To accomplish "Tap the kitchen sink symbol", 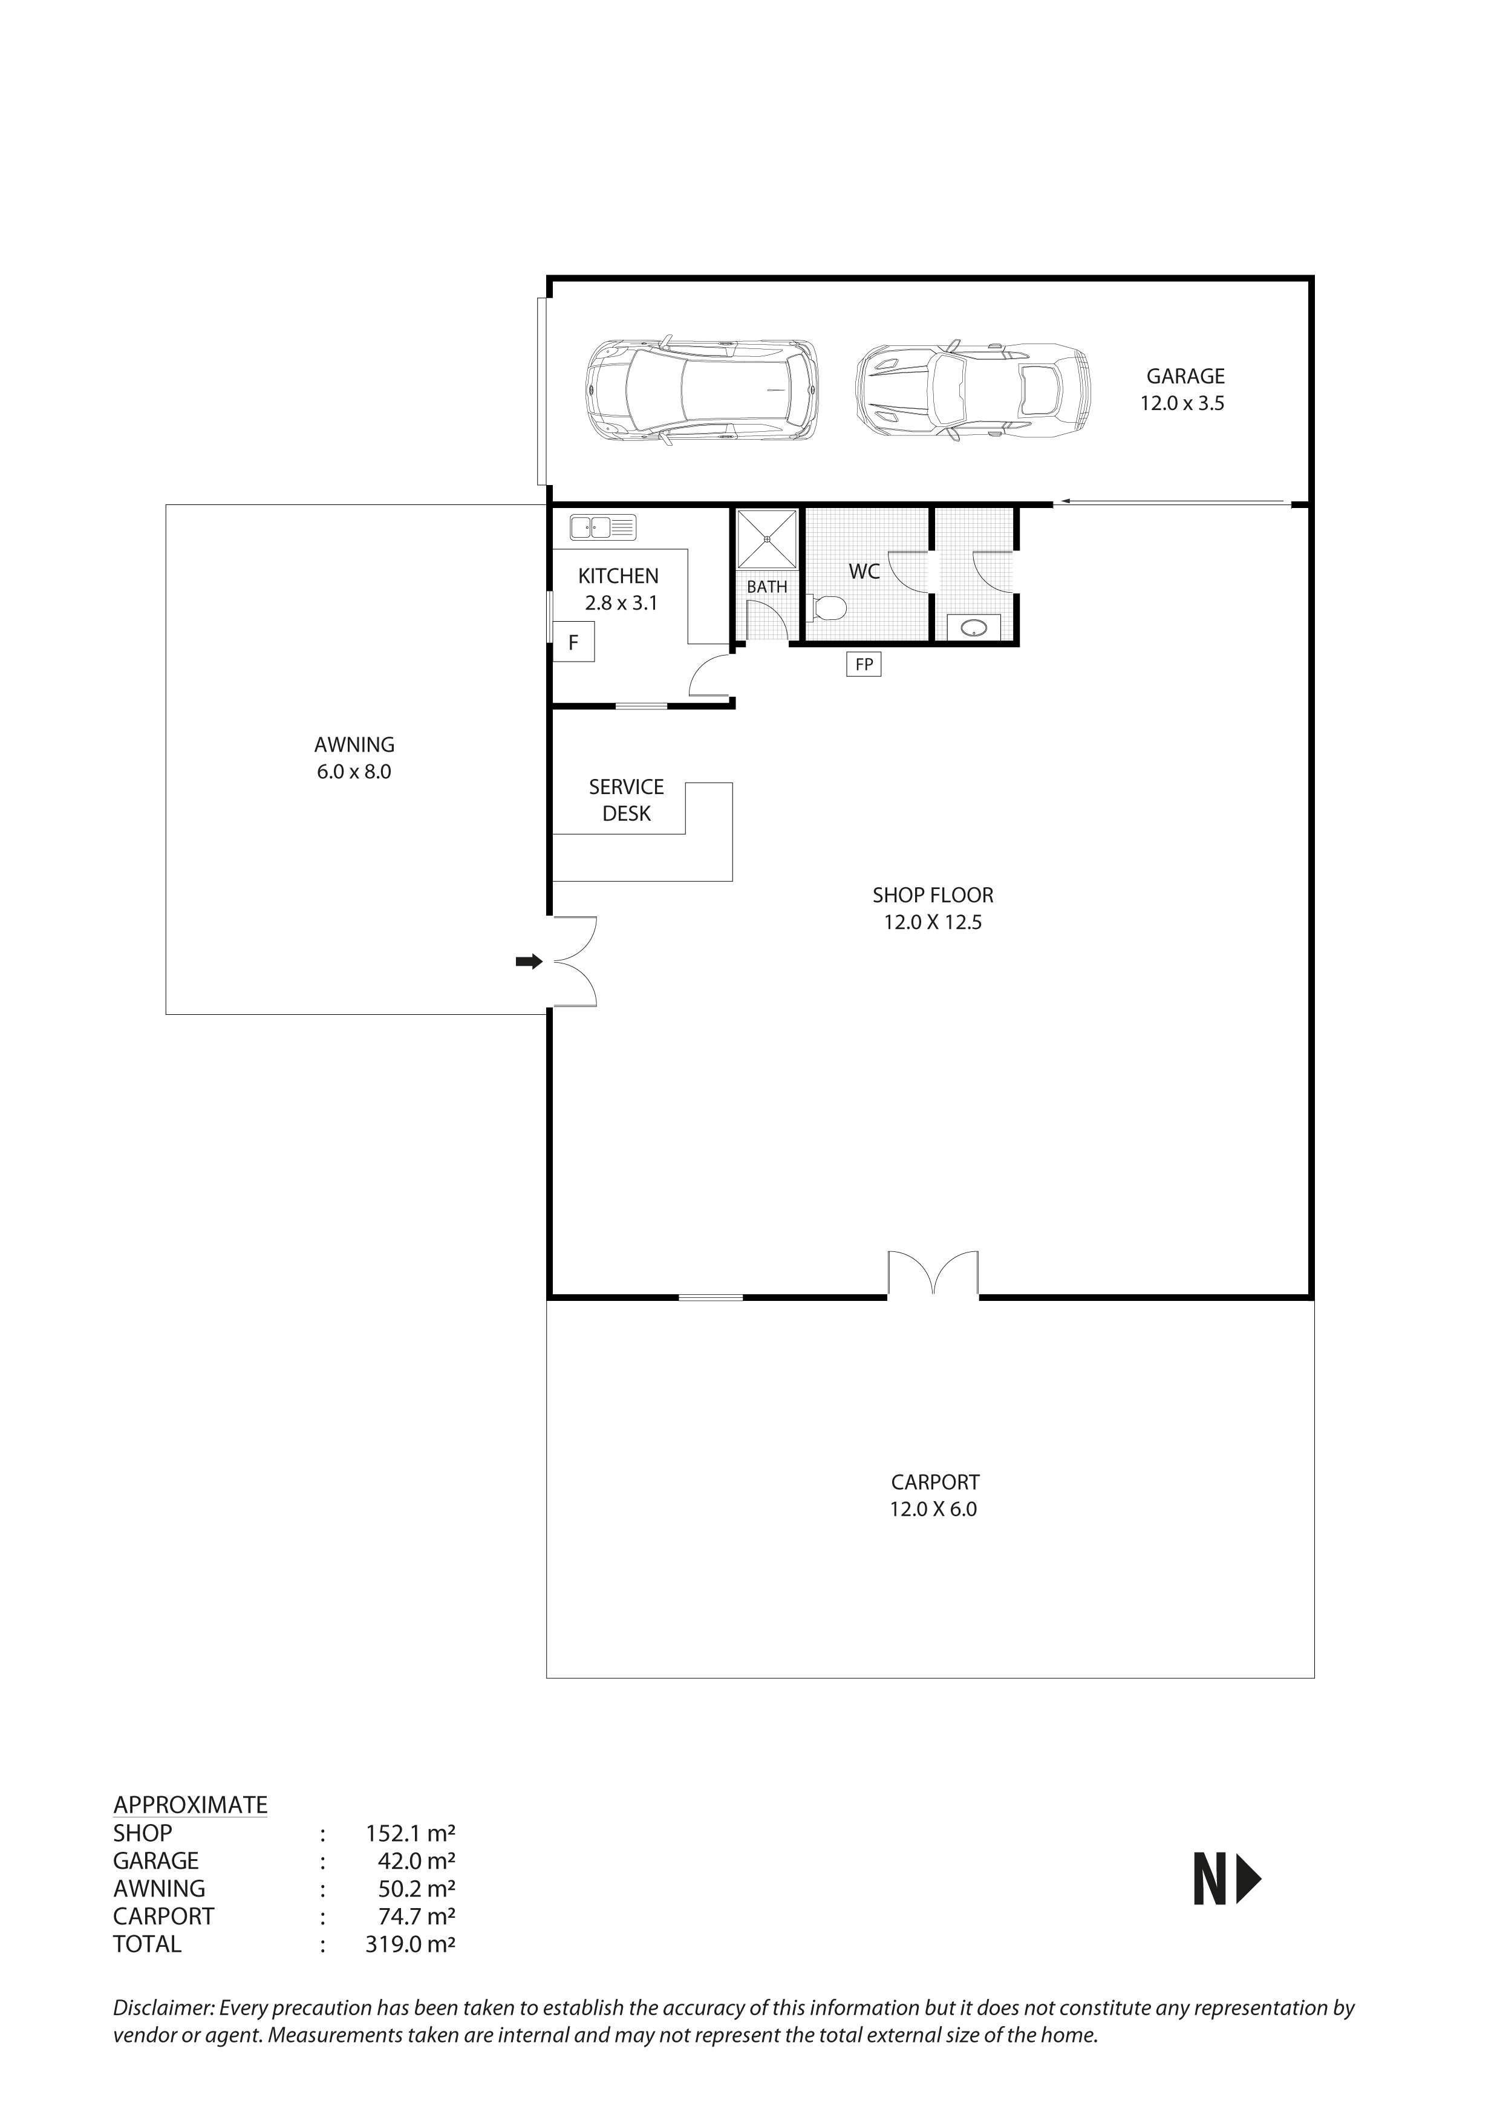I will point(603,527).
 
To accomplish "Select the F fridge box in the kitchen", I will point(573,642).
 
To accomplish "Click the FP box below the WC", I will point(864,664).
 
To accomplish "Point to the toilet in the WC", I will point(827,608).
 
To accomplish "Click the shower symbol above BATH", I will point(766,538).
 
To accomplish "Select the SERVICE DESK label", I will point(626,800).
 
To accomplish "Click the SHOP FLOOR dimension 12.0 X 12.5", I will point(932,922).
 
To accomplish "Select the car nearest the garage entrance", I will point(702,390).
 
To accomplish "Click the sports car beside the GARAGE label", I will point(973,390).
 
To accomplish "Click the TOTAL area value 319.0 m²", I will point(410,1944).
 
